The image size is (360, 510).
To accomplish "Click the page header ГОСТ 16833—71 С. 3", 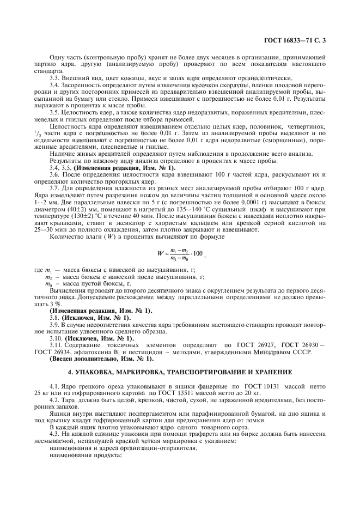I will point(294,40).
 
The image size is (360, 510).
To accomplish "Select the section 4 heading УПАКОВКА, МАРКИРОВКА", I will point(180,373).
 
